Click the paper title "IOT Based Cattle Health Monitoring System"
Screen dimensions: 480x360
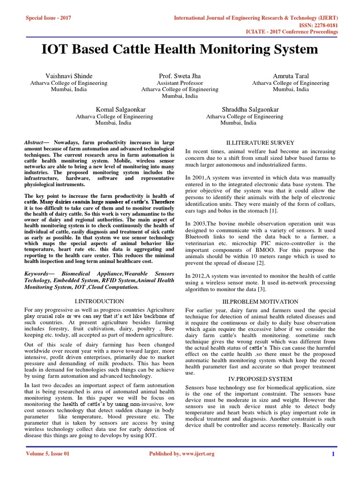pos(180,49)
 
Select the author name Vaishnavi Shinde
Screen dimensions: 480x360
pos(69,76)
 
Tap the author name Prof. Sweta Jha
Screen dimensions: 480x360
pos(180,76)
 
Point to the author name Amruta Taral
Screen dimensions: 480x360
pos(291,76)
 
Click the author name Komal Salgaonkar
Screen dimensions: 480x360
pos(114,109)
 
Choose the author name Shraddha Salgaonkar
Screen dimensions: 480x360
pos(244,109)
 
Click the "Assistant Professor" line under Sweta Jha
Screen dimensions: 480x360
pos(180,83)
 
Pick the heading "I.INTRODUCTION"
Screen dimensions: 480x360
pos(99,301)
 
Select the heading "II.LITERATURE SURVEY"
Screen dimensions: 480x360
pos(259,142)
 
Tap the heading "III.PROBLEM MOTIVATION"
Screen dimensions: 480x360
pos(259,302)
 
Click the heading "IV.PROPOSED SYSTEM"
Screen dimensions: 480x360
pos(259,378)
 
